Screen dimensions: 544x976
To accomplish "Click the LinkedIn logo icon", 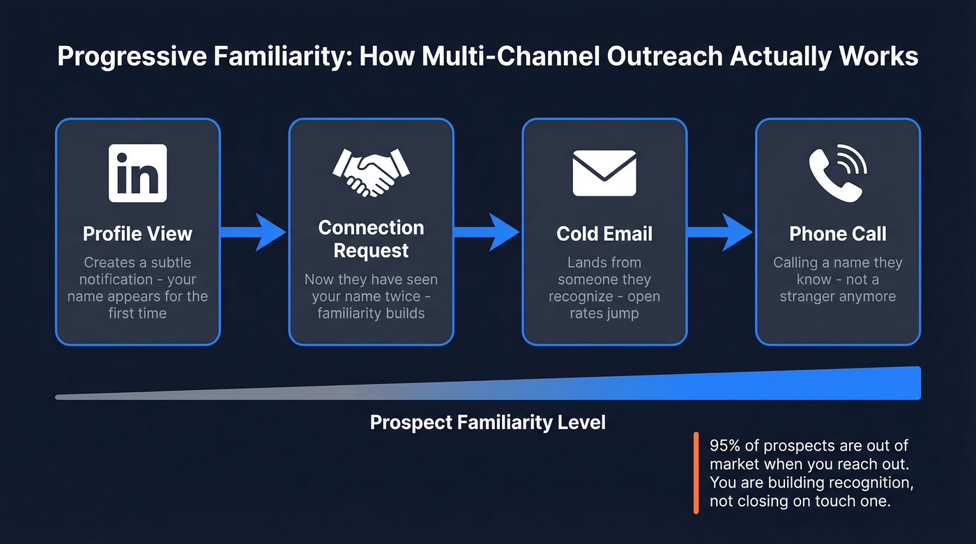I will tap(137, 173).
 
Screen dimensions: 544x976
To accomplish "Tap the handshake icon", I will tap(371, 173).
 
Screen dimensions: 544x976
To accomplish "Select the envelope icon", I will tap(604, 173).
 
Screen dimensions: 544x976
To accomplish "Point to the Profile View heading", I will tap(137, 233).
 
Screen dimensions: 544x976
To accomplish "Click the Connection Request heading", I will tap(371, 239).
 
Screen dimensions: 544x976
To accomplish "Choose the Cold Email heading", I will tap(604, 233).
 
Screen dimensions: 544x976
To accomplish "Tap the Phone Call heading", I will tap(837, 233).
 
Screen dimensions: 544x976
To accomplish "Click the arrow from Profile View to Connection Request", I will tap(254, 232).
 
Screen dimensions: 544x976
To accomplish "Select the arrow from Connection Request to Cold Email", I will tap(487, 232).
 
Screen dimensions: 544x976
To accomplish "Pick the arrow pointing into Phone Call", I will tap(721, 232).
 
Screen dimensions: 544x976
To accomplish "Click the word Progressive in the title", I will tap(132, 56).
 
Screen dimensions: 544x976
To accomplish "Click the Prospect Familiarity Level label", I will tap(487, 422).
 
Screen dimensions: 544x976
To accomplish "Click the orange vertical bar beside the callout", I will tap(696, 473).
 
